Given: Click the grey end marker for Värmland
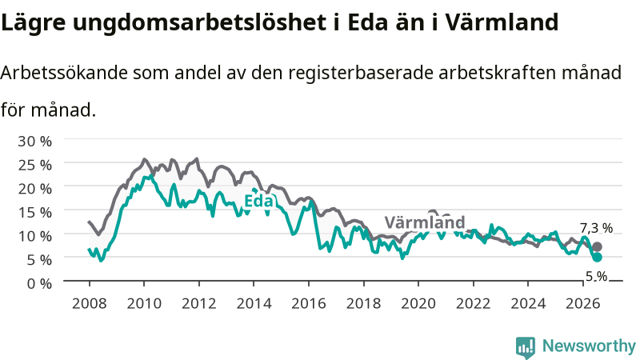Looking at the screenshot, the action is pos(597,246).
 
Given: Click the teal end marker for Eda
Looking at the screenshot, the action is pos(597,257).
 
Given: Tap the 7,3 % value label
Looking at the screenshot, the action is pos(596,228).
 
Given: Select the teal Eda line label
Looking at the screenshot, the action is pos(258,201).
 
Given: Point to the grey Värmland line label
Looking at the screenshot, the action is pos(425,222).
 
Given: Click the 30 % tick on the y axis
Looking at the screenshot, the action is pos(34,142).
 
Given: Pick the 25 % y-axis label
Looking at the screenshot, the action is pos(34,165).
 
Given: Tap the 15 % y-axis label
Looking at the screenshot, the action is pos(34,212).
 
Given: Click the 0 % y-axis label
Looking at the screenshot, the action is pos(39,283).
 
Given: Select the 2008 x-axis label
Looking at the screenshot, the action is pos(89,304).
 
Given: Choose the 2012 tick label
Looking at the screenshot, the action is pos(198,304).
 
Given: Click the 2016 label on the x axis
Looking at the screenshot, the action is pos(309,304).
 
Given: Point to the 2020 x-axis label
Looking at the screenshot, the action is pos(418,304).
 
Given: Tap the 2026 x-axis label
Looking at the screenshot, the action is pos(583,304).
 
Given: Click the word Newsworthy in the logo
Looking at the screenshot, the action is pos(589,346).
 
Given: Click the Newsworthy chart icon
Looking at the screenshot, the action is pos(526,347).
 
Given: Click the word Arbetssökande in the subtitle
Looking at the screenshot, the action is pos(64,73).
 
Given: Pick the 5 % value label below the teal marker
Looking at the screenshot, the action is pos(596,276).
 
